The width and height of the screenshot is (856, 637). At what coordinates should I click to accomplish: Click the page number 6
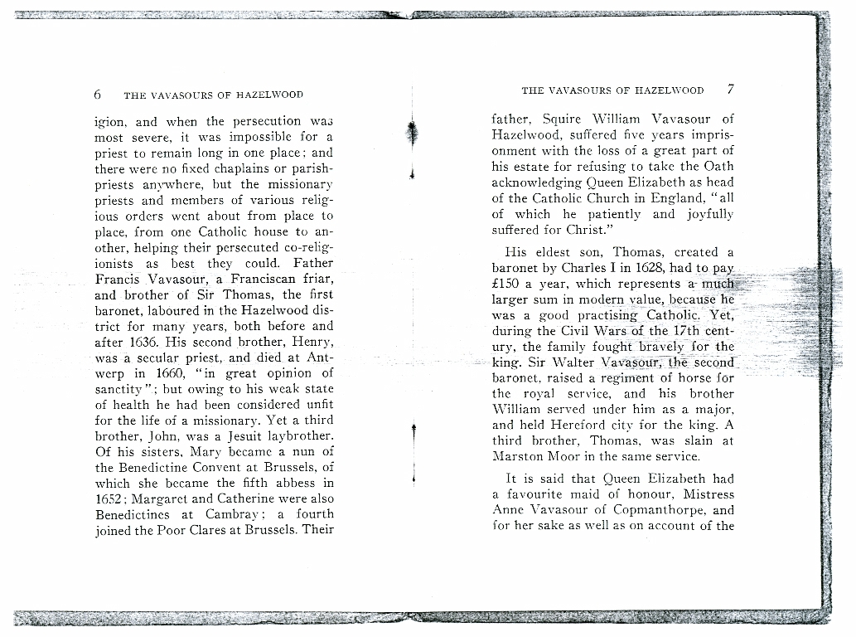pyautogui.click(x=98, y=94)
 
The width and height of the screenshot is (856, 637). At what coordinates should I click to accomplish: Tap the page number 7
pyautogui.click(x=730, y=90)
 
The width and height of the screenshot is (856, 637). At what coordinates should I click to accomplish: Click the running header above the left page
pyautogui.click(x=213, y=95)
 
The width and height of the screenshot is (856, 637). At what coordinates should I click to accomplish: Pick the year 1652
pyautogui.click(x=112, y=498)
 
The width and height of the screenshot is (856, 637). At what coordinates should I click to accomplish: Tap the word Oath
pyautogui.click(x=718, y=166)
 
